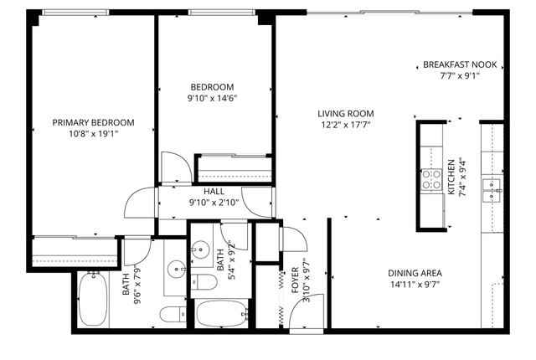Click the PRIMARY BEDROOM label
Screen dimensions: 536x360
(93, 122)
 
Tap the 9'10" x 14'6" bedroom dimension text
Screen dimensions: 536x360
(212, 98)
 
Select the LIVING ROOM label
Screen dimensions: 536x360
(346, 113)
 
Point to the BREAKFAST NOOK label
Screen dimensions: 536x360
(460, 64)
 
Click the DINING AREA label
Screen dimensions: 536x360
(415, 273)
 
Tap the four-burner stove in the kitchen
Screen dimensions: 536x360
(431, 179)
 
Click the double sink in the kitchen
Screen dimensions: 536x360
(492, 191)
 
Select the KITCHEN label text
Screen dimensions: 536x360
(451, 177)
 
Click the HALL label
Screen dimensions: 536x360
(214, 191)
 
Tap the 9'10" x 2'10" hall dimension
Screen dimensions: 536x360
(214, 203)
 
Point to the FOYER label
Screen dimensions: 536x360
(295, 280)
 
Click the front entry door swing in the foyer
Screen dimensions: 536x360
(307, 311)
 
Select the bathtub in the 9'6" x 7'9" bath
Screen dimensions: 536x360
(93, 299)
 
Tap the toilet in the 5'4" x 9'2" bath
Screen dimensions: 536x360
(204, 282)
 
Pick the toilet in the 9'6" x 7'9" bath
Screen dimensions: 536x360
(173, 314)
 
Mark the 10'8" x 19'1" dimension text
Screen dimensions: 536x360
(93, 134)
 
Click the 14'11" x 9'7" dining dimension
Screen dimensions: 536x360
(415, 285)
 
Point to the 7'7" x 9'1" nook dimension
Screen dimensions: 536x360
(460, 75)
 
